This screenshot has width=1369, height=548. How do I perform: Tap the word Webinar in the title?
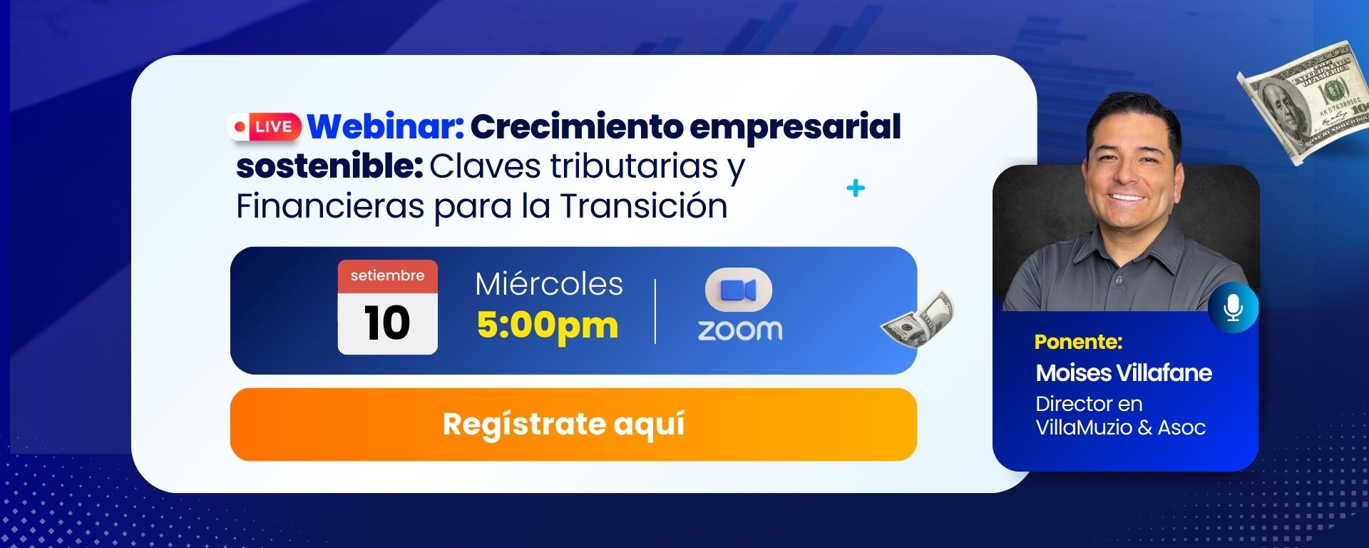(386, 126)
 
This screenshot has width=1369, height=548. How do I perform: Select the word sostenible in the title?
(329, 166)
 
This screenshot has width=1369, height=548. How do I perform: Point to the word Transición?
(644, 206)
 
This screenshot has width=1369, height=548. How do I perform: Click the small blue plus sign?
(856, 188)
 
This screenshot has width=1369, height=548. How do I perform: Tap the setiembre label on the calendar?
(387, 275)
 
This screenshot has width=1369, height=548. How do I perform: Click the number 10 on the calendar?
(387, 323)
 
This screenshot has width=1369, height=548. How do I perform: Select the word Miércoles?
(549, 284)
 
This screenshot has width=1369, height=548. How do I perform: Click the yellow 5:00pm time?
(548, 325)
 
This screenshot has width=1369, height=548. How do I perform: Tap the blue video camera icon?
(739, 290)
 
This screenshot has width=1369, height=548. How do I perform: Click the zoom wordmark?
(739, 330)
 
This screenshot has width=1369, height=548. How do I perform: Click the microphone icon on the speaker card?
(1233, 308)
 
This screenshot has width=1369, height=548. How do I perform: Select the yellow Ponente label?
(1078, 342)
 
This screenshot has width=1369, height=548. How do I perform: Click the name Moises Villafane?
(1124, 372)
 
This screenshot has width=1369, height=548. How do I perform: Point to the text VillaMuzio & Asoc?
(1121, 427)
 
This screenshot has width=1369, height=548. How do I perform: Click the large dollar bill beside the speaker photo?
(1305, 101)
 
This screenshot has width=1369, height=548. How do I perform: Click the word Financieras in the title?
(330, 206)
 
